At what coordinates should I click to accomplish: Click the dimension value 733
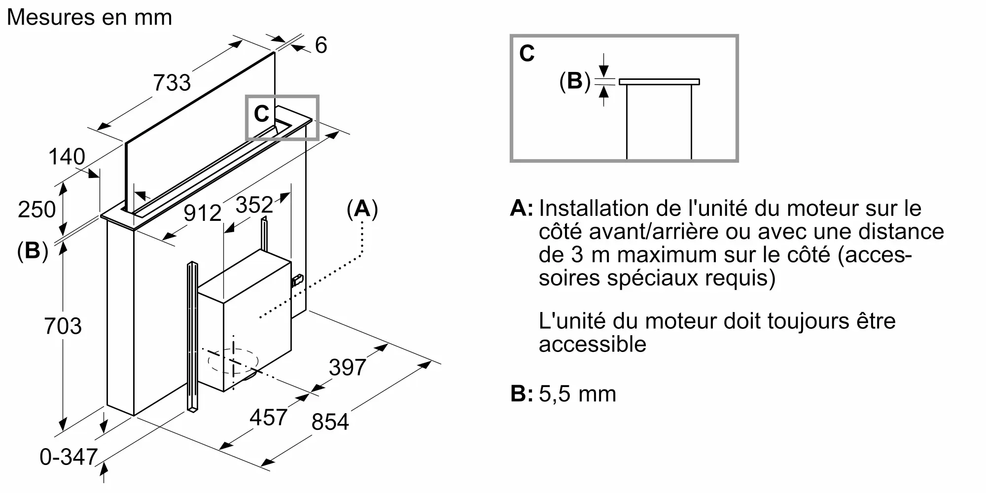click(x=172, y=82)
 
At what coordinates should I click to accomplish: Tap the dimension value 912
click(x=203, y=213)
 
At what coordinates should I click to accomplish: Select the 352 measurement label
click(x=254, y=205)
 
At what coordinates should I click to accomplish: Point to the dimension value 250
click(x=36, y=209)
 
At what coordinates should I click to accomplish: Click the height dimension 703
click(x=63, y=326)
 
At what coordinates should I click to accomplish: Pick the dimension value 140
click(x=67, y=157)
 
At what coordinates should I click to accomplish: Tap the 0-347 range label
click(x=69, y=457)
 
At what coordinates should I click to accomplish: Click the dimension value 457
click(x=268, y=418)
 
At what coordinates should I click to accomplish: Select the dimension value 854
click(x=330, y=422)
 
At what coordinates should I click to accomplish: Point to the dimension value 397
click(x=348, y=367)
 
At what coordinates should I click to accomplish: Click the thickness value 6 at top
click(x=321, y=45)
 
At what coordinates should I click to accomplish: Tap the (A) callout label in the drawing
click(x=362, y=209)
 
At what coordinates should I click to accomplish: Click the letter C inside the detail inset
click(x=527, y=53)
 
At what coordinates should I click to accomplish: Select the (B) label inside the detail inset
click(x=575, y=81)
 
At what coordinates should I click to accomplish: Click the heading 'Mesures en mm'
click(x=89, y=17)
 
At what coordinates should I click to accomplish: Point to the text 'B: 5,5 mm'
click(x=563, y=394)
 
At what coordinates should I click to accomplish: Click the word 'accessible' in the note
click(x=592, y=344)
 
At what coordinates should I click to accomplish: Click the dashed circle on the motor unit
click(x=233, y=361)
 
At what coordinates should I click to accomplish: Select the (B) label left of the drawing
click(x=33, y=251)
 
